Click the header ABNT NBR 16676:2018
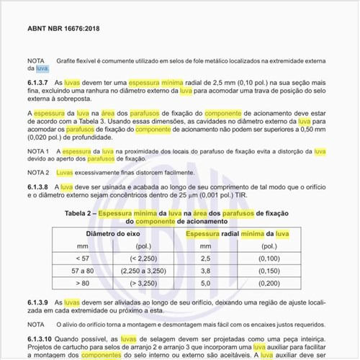pos(64,31)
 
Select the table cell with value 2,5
pos(204,258)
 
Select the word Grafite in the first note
pos(66,60)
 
